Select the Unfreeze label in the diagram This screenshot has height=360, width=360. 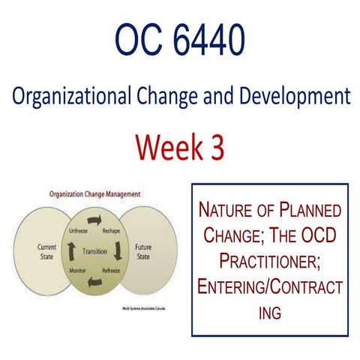[79, 230]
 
